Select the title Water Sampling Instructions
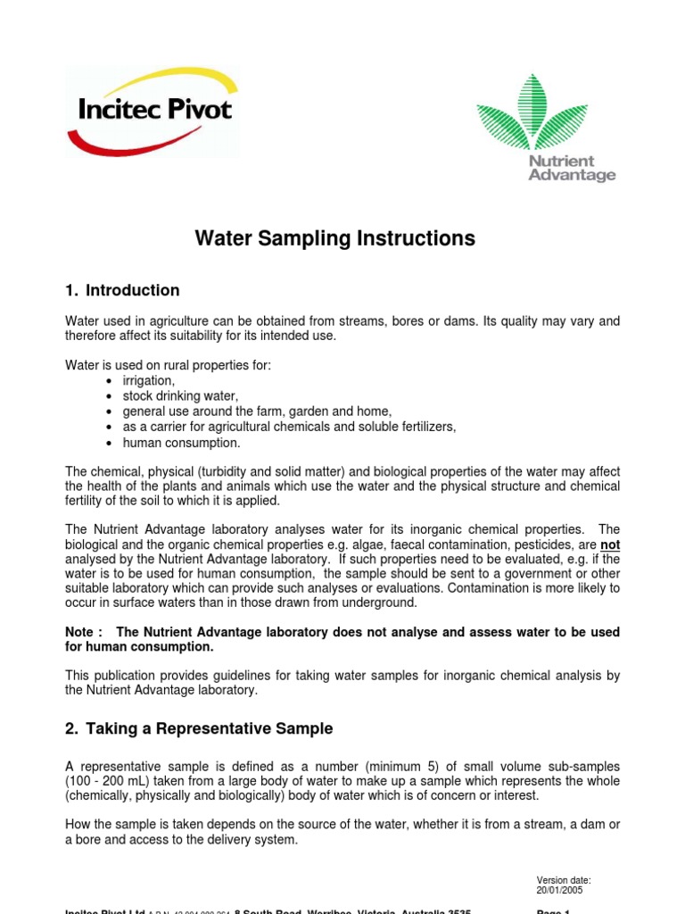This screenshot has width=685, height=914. click(x=335, y=239)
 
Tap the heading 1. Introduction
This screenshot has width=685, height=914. click(x=122, y=290)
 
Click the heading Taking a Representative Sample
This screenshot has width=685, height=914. click(x=199, y=728)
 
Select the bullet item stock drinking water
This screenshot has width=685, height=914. click(x=181, y=396)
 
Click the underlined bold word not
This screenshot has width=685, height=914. click(x=610, y=544)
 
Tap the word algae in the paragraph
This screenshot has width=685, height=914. click(x=377, y=544)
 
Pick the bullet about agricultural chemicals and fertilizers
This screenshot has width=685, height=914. click(x=289, y=427)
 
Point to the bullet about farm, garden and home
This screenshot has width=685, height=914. click(x=257, y=411)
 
